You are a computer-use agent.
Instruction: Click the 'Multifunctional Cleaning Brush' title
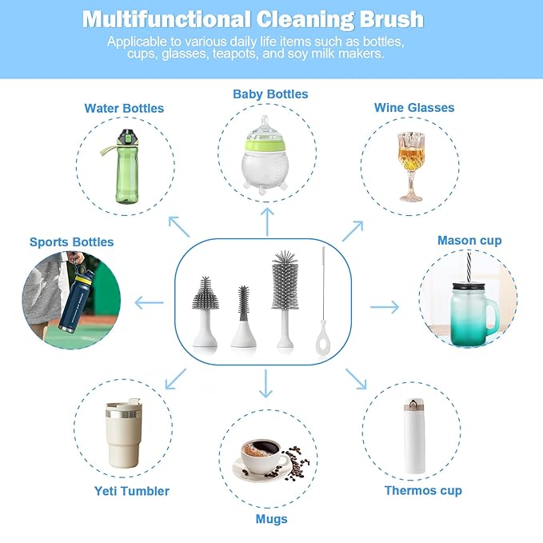click(x=253, y=19)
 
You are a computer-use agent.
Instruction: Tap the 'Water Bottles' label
click(x=124, y=108)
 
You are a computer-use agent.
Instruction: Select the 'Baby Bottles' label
click(x=270, y=94)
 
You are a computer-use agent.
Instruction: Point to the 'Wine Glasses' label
click(x=414, y=108)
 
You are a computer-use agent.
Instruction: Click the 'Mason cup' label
click(x=469, y=241)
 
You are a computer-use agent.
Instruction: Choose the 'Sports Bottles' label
click(x=72, y=242)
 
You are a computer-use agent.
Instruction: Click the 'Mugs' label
click(x=271, y=519)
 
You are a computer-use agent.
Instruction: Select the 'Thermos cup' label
click(x=423, y=490)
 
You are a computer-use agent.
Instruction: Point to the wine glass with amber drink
click(x=410, y=165)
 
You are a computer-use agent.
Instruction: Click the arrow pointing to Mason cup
click(x=385, y=306)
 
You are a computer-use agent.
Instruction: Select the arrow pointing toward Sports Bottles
click(x=149, y=302)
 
